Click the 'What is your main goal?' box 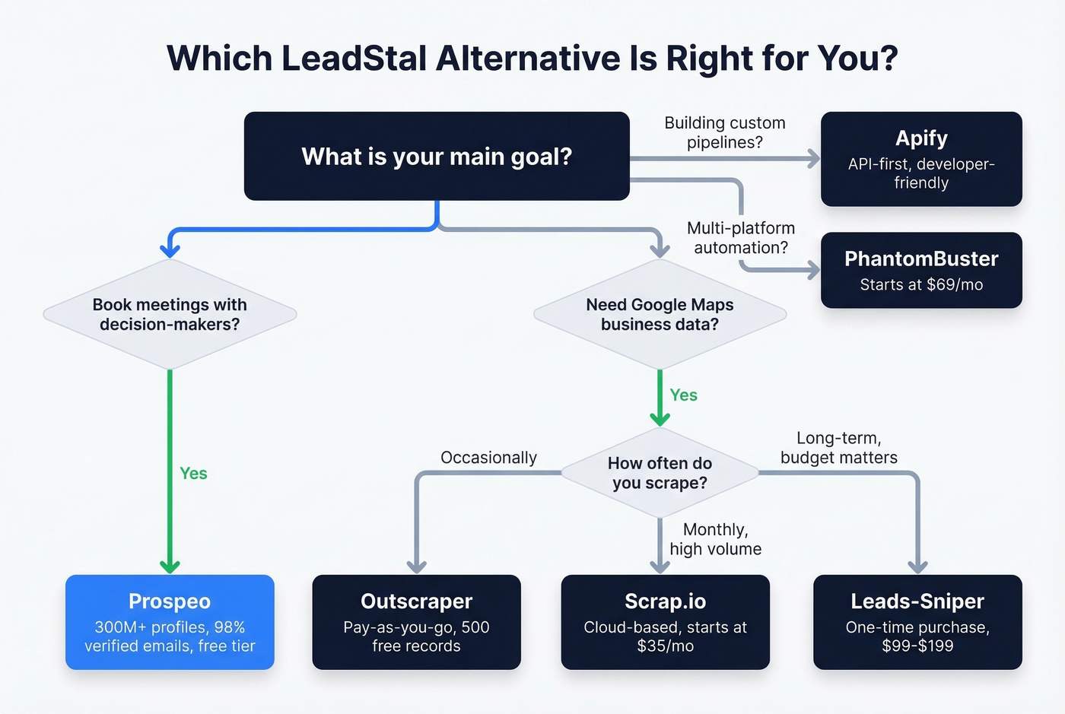pos(437,157)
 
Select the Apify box pos(921,159)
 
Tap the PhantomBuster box pos(921,270)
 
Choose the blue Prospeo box pos(170,622)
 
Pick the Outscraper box pos(416,622)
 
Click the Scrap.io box pos(665,622)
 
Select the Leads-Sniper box pos(917,622)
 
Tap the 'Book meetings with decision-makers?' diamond pos(170,314)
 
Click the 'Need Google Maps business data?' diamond pos(660,314)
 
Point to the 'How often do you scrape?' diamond pos(660,473)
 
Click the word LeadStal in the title pos(354,59)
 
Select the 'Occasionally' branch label pos(488,458)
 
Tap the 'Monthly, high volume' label pos(715,539)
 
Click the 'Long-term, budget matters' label pos(838,448)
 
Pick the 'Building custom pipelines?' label pos(724,132)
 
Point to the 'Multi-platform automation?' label pos(740,238)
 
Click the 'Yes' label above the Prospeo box pos(193,474)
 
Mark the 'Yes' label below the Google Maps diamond pos(683,395)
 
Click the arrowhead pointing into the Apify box pos(814,158)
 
